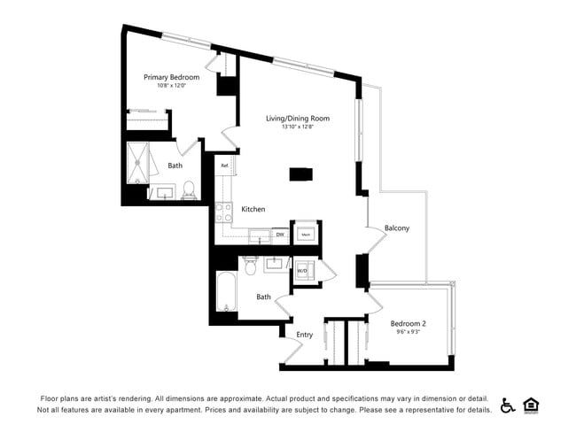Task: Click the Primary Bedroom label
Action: click(171, 77)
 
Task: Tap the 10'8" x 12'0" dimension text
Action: click(171, 86)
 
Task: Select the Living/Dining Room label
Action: click(298, 118)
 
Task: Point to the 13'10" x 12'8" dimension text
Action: click(298, 127)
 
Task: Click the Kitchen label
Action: click(253, 209)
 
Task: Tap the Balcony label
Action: click(396, 228)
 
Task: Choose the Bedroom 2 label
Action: click(409, 323)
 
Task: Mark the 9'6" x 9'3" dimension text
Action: click(409, 332)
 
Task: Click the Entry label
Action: click(304, 335)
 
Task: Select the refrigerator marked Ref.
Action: click(225, 166)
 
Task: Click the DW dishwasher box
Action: click(279, 235)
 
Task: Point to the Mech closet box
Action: click(306, 234)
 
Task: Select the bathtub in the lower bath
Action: click(226, 296)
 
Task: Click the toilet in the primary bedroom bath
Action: click(188, 189)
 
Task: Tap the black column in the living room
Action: click(300, 174)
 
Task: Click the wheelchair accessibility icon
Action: click(508, 405)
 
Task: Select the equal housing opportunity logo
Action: click(532, 405)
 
